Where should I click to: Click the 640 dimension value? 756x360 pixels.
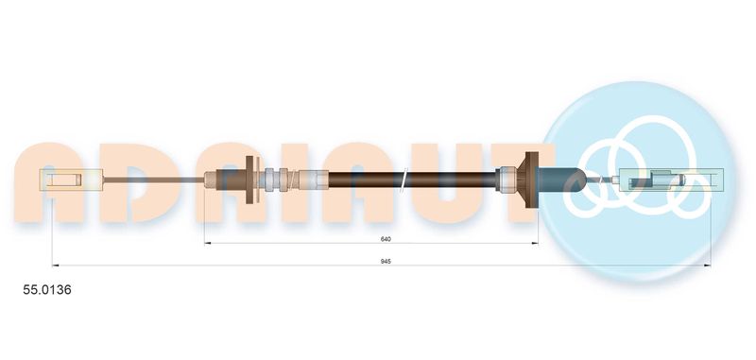pyautogui.click(x=386, y=237)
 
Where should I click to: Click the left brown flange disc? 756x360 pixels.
pyautogui.click(x=249, y=177)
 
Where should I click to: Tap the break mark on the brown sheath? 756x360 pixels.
pyautogui.click(x=404, y=177)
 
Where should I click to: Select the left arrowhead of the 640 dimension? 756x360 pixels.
pyautogui.click(x=209, y=244)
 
